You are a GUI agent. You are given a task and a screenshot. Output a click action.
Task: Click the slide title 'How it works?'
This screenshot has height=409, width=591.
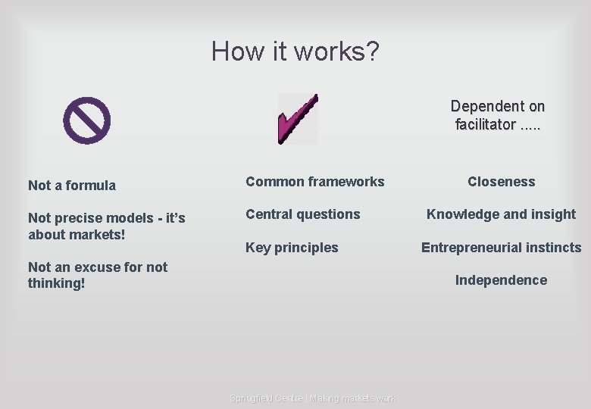[x=295, y=52]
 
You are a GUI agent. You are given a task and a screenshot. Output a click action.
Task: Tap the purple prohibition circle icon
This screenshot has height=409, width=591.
[x=86, y=120]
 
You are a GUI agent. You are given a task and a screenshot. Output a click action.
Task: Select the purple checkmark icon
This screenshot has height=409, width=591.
[x=297, y=119]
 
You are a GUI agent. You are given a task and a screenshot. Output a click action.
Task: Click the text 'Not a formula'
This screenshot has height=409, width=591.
[x=72, y=186]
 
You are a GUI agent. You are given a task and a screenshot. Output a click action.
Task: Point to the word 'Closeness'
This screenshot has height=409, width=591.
[x=501, y=182]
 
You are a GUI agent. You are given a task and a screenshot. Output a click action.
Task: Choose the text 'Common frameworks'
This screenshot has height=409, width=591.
[x=314, y=182]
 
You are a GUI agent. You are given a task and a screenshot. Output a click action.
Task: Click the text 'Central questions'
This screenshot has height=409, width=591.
[x=302, y=214]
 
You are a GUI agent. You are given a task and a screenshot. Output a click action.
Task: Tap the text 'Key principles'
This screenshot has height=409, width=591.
[x=292, y=248]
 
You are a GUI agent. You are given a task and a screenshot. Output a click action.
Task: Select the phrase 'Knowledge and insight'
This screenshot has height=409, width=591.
[x=501, y=214]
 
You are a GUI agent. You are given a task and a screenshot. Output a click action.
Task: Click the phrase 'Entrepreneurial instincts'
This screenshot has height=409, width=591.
[x=501, y=248]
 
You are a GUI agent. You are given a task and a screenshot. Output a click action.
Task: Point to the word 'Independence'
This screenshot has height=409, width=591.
[x=501, y=280]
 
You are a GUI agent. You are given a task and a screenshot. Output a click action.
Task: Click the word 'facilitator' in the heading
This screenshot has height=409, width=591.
[x=485, y=124]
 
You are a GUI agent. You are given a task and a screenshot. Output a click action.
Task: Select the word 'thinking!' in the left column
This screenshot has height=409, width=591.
[x=56, y=283]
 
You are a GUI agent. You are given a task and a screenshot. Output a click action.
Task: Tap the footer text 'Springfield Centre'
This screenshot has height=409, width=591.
[x=266, y=398]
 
